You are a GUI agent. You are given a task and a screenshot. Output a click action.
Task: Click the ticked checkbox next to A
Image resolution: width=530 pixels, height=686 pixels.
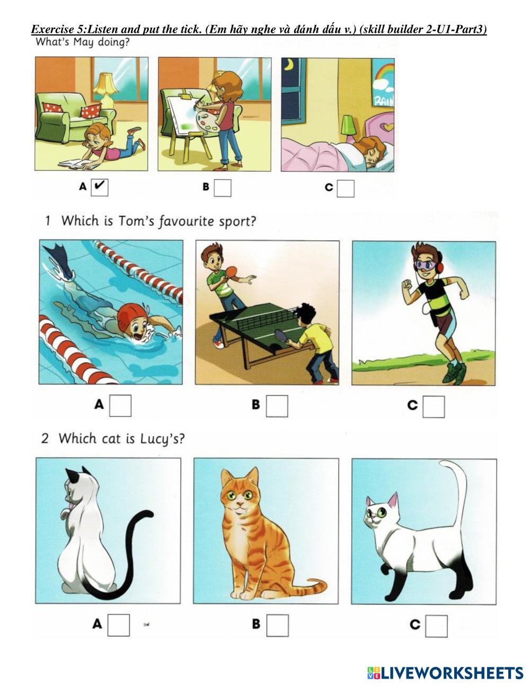(100, 187)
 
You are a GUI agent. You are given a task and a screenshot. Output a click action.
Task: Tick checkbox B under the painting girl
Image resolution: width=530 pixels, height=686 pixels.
(223, 188)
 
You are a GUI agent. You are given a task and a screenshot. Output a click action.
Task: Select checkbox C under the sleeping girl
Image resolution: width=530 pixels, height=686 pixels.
(346, 189)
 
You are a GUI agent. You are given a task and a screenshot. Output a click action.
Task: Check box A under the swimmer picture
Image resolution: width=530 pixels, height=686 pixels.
(120, 406)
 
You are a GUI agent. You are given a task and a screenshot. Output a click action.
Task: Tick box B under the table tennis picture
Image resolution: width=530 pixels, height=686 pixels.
(277, 406)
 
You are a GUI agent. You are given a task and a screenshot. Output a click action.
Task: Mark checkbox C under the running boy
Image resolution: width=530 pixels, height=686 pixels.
(434, 407)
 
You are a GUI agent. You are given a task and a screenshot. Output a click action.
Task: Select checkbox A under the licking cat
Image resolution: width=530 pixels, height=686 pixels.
(119, 625)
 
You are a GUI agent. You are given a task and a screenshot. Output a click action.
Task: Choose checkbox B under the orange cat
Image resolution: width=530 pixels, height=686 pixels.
(278, 626)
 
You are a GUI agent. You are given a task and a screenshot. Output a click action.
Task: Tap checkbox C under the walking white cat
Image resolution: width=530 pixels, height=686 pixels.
(436, 626)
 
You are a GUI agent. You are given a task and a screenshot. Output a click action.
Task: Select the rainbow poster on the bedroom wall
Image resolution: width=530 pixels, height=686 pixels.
(383, 83)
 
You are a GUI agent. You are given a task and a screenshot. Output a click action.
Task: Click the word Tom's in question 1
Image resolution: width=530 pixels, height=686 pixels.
(137, 221)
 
